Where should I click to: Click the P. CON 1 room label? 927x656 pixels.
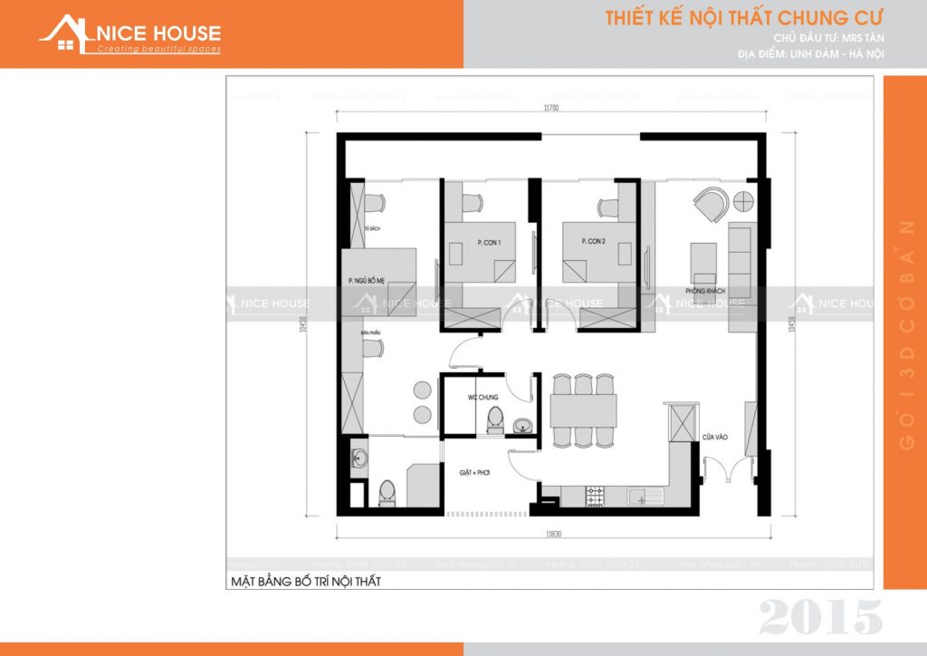488,242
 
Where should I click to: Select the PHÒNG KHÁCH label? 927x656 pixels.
705,292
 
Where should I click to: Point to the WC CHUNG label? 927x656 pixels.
483,398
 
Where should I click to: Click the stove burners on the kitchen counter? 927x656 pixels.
596,496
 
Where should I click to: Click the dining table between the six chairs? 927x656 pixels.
584,410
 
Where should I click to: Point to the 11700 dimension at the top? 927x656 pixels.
551,108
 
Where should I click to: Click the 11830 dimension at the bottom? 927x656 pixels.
552,536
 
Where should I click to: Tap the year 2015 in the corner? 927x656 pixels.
820,617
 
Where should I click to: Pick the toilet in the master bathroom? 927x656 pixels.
387,492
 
